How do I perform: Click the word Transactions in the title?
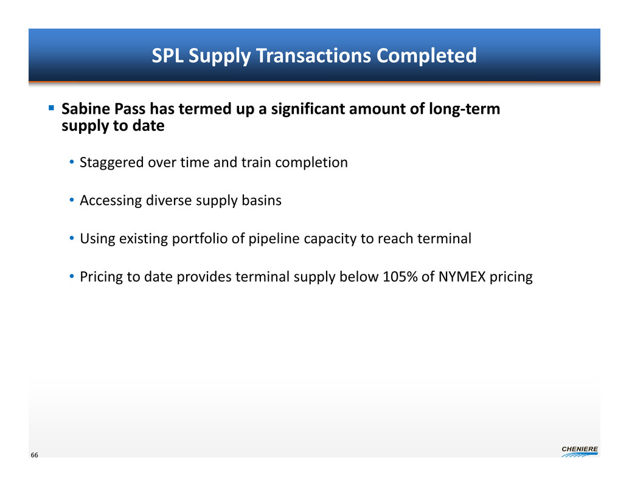(x=313, y=55)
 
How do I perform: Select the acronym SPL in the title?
(x=167, y=55)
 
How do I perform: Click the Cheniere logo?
(x=580, y=451)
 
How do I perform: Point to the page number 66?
(x=35, y=455)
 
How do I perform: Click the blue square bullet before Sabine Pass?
(x=51, y=108)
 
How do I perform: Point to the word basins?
(x=262, y=200)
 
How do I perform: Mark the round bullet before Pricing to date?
(x=72, y=276)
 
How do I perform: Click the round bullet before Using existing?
(x=72, y=238)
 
